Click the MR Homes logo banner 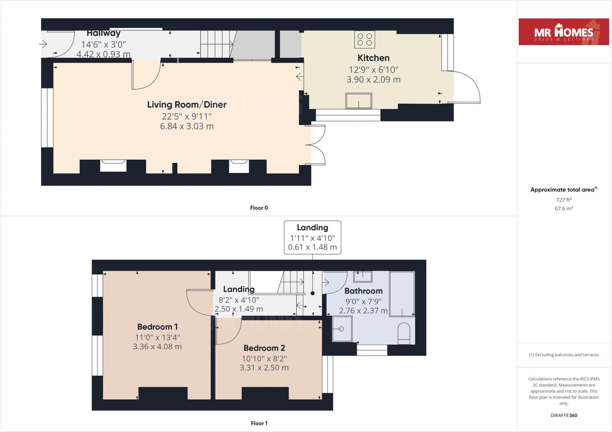[x=564, y=32]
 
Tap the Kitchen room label [x=373, y=58]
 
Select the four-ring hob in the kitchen [x=365, y=40]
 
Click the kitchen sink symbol [x=359, y=101]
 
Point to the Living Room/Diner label [x=187, y=105]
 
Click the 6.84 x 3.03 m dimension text [x=187, y=126]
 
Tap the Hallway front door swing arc [x=64, y=45]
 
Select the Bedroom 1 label [x=157, y=327]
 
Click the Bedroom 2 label [x=264, y=348]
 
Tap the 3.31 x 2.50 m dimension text [x=264, y=368]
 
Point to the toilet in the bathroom [x=404, y=333]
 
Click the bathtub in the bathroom [x=402, y=294]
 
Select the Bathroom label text [x=363, y=291]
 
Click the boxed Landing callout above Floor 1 [x=312, y=237]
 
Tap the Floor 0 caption [x=259, y=208]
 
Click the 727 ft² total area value [x=564, y=200]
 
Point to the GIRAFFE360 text [x=564, y=415]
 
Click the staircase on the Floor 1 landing [x=291, y=282]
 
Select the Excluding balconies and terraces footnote [x=564, y=355]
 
